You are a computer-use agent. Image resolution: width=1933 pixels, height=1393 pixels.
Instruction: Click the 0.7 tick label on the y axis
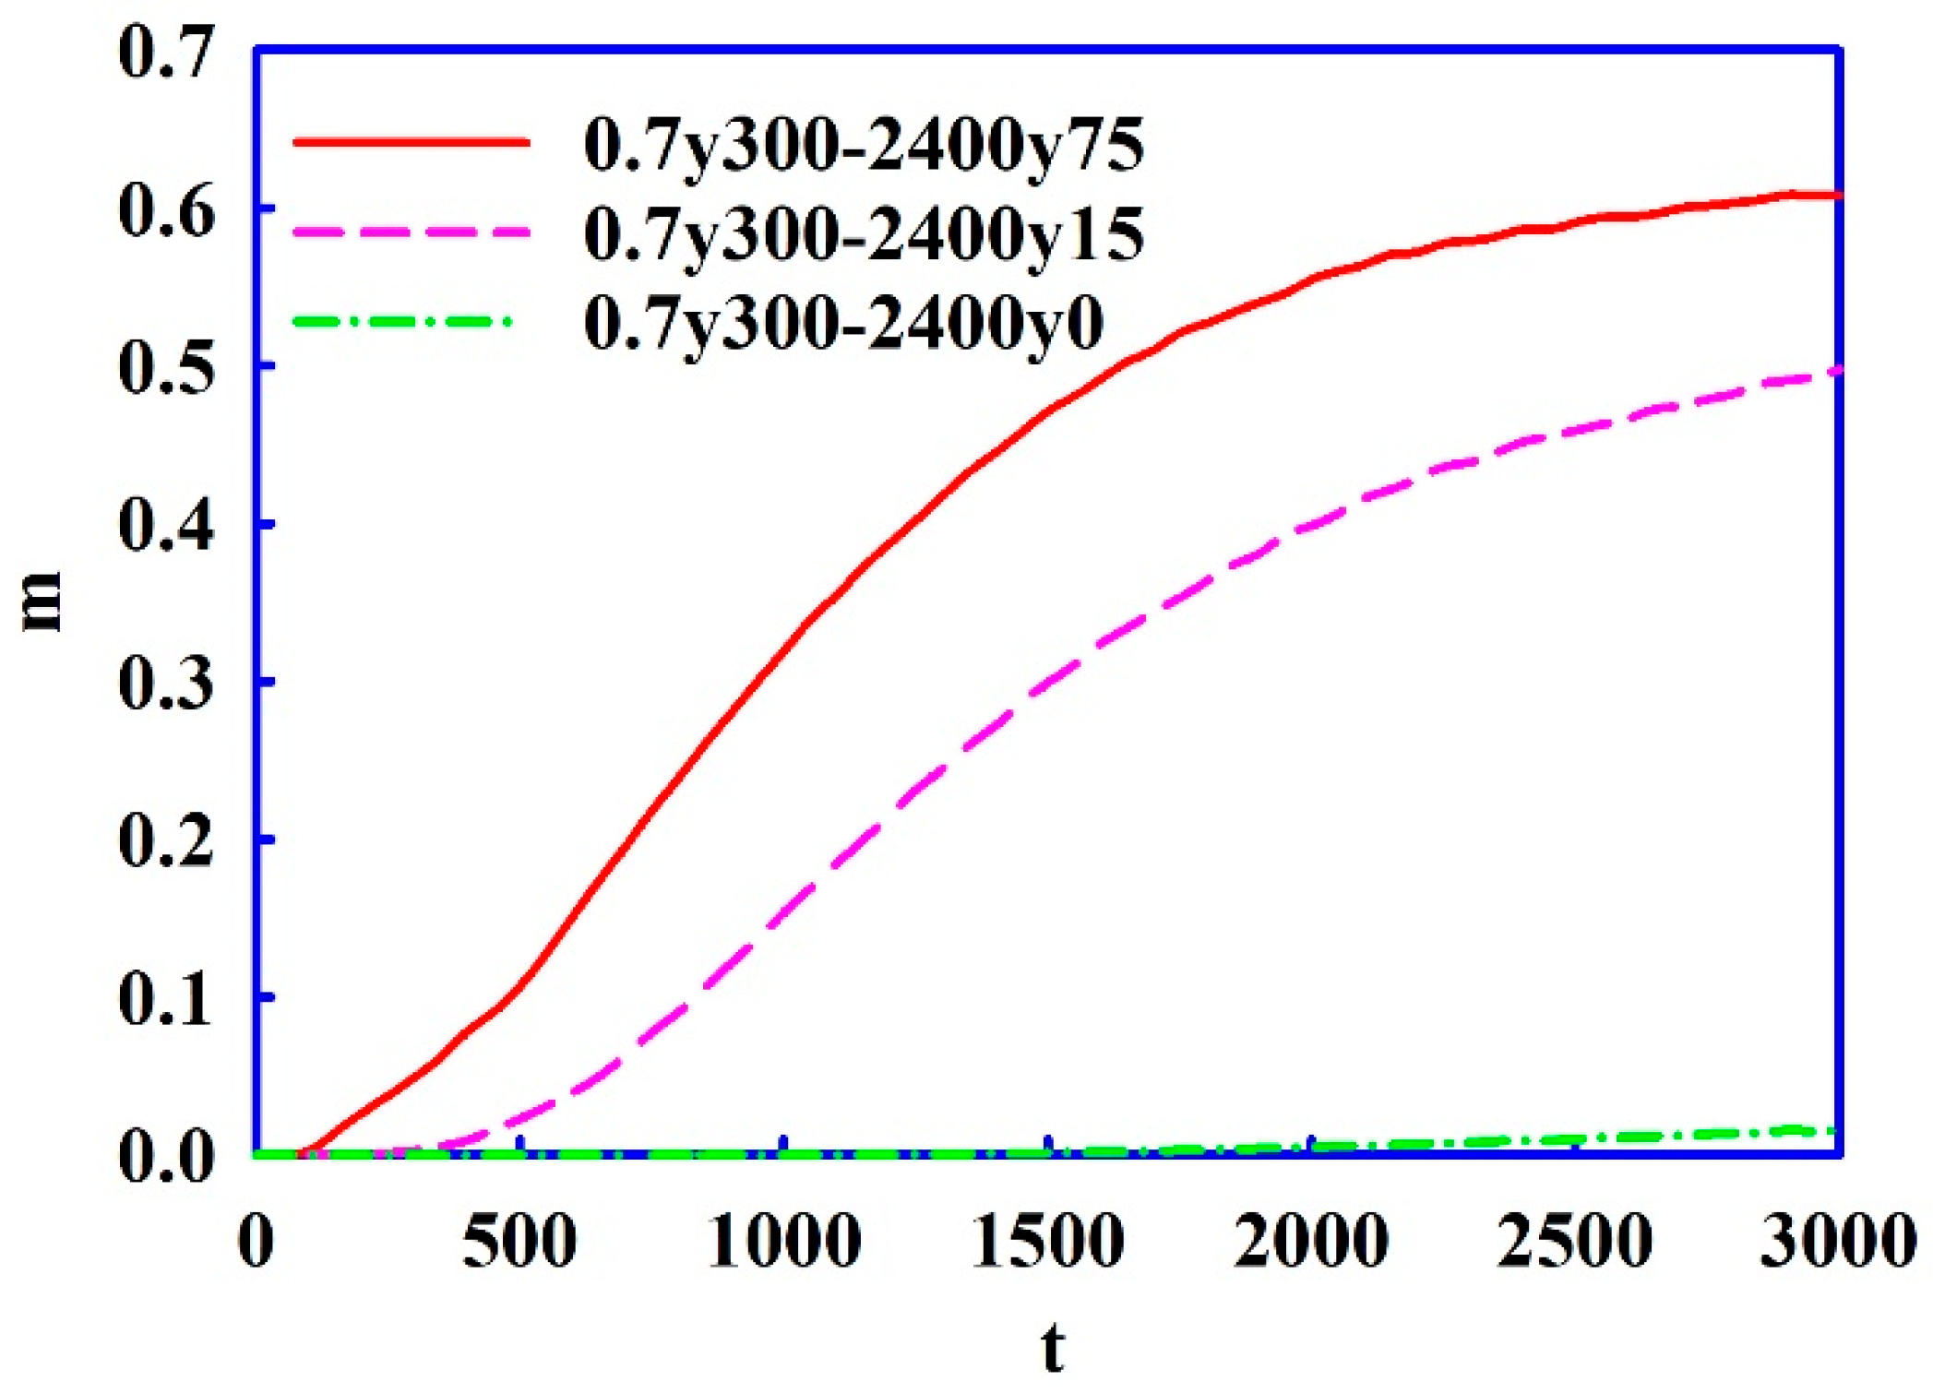166,53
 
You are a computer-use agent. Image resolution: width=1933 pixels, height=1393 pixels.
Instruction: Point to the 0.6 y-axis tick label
166,210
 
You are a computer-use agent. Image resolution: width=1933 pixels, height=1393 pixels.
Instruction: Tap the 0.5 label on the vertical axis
166,368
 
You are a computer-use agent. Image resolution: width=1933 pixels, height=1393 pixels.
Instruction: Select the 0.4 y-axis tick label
166,526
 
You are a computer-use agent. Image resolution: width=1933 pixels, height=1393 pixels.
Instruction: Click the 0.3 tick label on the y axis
166,684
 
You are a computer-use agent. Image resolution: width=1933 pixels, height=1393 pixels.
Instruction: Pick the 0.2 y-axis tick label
166,841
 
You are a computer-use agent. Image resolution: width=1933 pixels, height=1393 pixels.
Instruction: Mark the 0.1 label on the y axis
166,999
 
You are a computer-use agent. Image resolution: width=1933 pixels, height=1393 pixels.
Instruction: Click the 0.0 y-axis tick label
166,1157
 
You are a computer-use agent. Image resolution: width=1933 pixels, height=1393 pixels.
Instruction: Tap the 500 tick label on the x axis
519,1242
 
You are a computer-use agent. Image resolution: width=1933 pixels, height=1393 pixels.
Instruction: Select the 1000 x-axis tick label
783,1242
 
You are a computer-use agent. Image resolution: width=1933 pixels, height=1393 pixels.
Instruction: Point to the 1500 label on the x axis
1048,1242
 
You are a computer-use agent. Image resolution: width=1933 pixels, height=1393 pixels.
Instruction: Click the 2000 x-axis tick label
1311,1242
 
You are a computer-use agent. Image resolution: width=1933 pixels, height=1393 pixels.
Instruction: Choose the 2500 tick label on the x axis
1575,1242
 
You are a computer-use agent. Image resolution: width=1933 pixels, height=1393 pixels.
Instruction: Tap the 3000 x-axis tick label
1838,1242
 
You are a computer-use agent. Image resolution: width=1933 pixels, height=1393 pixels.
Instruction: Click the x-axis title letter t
1052,1349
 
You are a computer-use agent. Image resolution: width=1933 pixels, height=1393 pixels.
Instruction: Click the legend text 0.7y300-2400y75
865,146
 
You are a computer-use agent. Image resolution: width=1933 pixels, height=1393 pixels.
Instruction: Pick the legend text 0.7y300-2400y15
865,234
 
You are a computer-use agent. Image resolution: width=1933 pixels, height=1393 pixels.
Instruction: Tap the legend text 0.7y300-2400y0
844,323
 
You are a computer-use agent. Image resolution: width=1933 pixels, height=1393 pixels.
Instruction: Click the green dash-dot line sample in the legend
402,322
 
